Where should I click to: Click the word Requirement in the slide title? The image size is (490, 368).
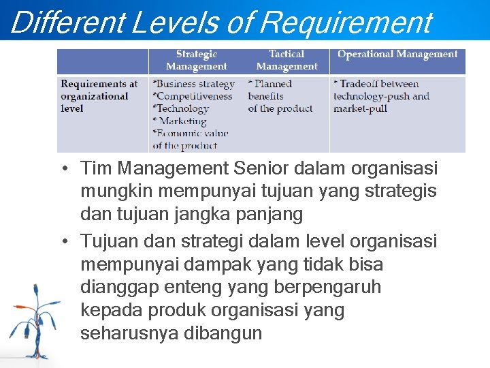(x=346, y=22)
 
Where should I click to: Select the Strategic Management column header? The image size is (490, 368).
(x=196, y=60)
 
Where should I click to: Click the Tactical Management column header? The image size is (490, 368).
(x=287, y=60)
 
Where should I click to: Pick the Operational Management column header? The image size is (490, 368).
(x=397, y=55)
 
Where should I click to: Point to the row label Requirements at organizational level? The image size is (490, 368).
(x=99, y=96)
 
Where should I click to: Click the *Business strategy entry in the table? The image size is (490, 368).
(x=194, y=84)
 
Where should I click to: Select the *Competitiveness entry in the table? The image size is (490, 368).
(x=193, y=96)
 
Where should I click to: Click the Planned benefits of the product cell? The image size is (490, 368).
(x=280, y=96)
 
